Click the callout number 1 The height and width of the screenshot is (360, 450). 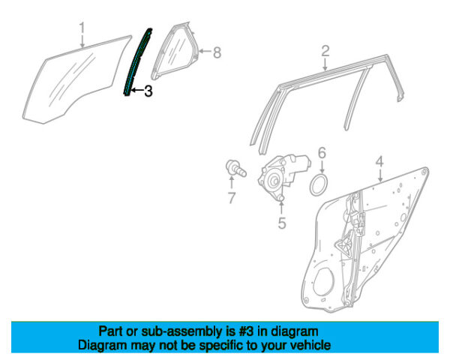coord(82,29)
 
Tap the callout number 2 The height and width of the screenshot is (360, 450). coord(325,51)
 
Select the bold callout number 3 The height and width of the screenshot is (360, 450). coord(148,91)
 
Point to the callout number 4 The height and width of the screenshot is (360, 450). coord(379,162)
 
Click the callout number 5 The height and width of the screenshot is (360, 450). coord(282,223)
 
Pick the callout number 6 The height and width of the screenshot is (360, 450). coord(322,153)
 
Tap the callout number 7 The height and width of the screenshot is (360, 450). coord(231,198)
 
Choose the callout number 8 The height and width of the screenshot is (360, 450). coord(217,52)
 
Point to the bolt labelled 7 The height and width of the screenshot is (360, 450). coord(235,169)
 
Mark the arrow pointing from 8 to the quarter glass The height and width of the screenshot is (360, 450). coord(205,52)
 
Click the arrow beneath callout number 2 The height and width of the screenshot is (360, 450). coord(325,64)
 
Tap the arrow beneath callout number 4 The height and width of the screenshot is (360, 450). coord(380,175)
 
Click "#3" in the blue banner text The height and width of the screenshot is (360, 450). coord(246,331)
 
